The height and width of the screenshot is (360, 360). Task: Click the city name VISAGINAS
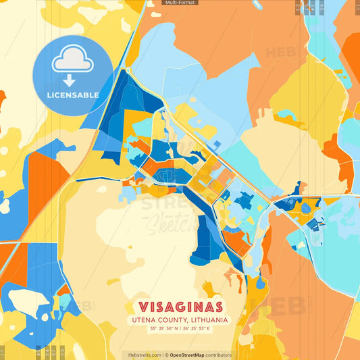[x=180, y=306]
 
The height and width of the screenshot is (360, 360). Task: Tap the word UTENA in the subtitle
[x=145, y=319]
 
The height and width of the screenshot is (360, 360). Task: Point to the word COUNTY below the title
[x=172, y=319]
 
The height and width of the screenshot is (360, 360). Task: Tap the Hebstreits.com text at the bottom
[x=145, y=355]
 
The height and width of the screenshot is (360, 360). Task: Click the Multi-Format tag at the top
[x=179, y=3]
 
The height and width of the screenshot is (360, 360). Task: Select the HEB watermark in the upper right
[x=278, y=53]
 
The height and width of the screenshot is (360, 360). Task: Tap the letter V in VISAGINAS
[x=144, y=306]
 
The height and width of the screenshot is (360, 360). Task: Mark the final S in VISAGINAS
[x=217, y=306]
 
